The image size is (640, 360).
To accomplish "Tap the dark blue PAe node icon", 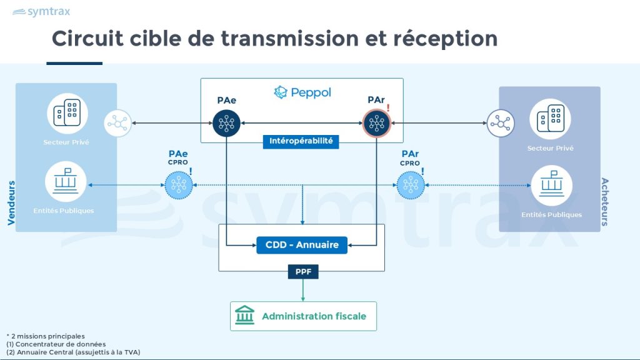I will point(226,122).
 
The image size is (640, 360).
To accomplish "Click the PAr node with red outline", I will point(376,122).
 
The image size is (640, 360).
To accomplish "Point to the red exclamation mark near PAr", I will point(388,108).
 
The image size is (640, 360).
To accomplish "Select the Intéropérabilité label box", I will point(301,141).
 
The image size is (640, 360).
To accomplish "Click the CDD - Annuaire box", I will point(302,244).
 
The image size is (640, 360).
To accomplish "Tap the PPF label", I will point(303,272).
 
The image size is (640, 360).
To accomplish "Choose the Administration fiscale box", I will point(303,316).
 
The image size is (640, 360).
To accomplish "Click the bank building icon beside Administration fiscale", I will point(244,316).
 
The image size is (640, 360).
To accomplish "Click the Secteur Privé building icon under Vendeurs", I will point(67,114).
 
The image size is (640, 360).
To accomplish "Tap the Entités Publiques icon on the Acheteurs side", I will point(551,186).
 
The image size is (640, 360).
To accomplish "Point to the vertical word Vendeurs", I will point(11,203).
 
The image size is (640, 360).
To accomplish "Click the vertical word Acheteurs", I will point(605,201).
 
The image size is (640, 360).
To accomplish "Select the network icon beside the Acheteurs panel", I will point(501,123).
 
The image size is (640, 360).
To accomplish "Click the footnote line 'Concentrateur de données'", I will point(56,344).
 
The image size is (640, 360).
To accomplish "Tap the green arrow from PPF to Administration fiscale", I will point(303,289).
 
